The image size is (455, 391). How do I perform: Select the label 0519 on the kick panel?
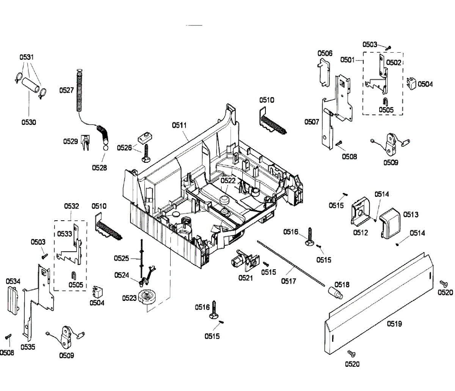394,324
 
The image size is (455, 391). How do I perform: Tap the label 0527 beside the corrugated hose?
66,90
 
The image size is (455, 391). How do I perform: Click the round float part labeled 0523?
147,296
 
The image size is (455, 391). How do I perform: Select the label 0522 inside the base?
228,181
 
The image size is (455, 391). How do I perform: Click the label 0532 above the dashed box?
71,206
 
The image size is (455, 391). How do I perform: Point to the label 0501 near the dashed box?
347,59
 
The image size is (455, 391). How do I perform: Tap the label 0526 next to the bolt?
124,148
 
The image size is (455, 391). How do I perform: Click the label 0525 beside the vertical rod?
122,259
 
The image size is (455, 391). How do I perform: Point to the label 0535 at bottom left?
28,347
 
